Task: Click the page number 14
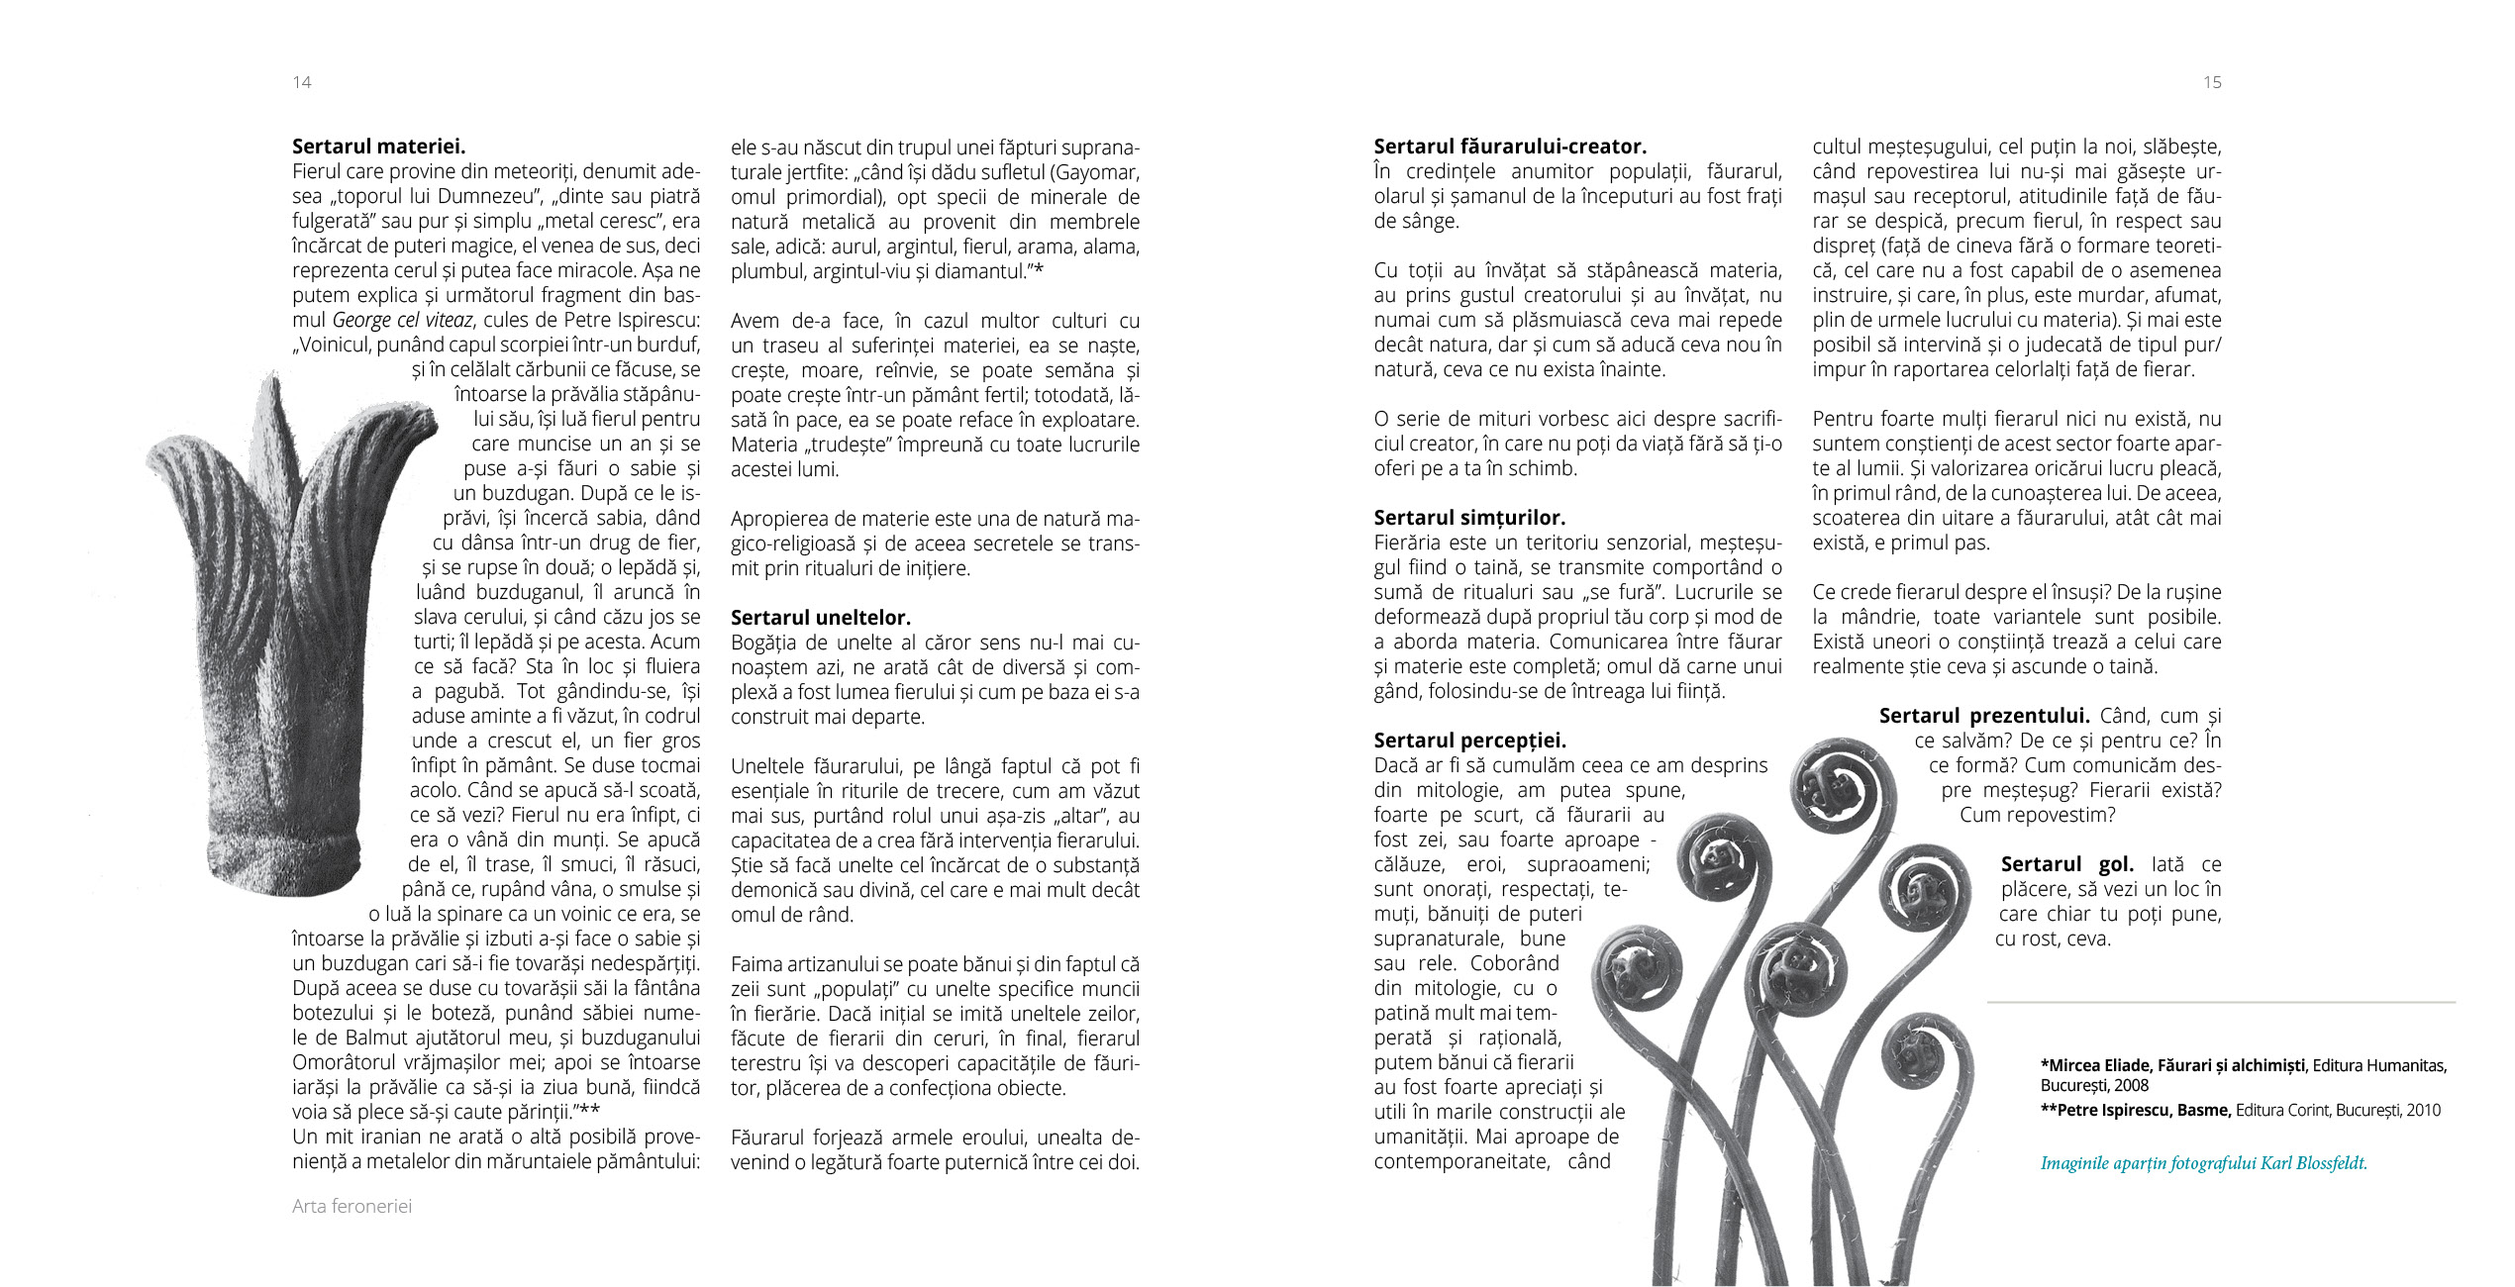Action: click(302, 82)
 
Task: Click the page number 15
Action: click(2212, 82)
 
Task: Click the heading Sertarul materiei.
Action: click(378, 147)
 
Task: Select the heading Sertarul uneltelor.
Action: click(820, 618)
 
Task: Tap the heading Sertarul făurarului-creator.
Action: click(1509, 147)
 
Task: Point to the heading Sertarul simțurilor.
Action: click(1468, 518)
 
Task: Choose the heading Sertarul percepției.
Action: click(1469, 741)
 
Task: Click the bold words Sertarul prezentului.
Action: click(1983, 716)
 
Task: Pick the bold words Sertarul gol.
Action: click(2066, 864)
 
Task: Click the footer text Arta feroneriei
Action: click(352, 1206)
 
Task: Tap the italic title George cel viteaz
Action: click(402, 320)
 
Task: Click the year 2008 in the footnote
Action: click(2131, 1085)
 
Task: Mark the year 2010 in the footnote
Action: click(2423, 1110)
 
